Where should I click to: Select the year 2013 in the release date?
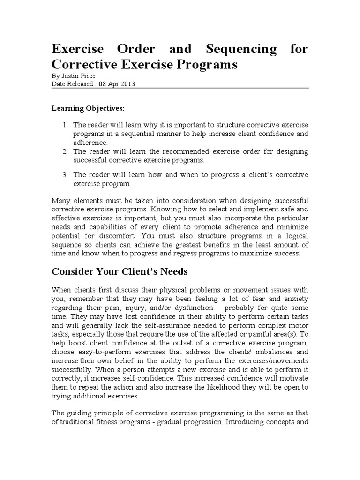pos(128,83)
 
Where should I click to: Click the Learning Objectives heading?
pos(88,108)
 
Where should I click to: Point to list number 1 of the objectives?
pos(65,125)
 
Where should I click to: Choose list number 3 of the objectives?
pos(65,175)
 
